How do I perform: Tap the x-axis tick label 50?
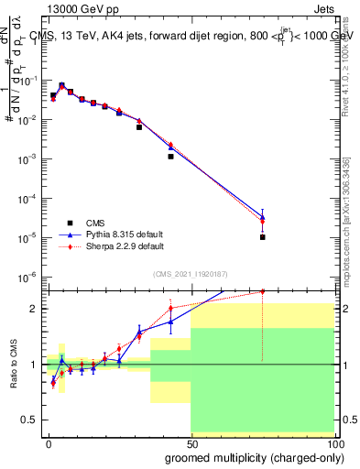191,444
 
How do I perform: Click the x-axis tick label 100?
333,444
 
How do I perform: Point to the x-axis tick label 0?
49,444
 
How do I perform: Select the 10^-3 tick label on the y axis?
29,158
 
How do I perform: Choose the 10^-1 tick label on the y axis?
29,81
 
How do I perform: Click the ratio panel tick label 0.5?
30,420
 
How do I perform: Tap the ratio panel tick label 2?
35,309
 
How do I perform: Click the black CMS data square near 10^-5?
262,237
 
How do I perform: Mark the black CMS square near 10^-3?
170,157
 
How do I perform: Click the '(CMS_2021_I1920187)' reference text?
190,273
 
